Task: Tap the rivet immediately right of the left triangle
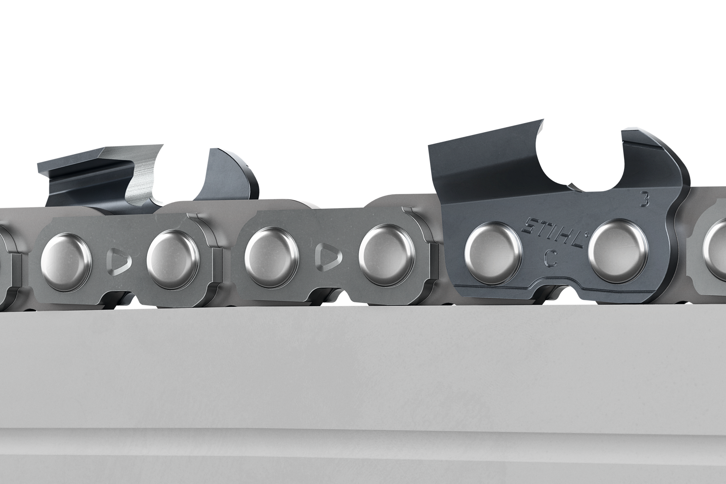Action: point(173,254)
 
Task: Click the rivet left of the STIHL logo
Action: point(493,251)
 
